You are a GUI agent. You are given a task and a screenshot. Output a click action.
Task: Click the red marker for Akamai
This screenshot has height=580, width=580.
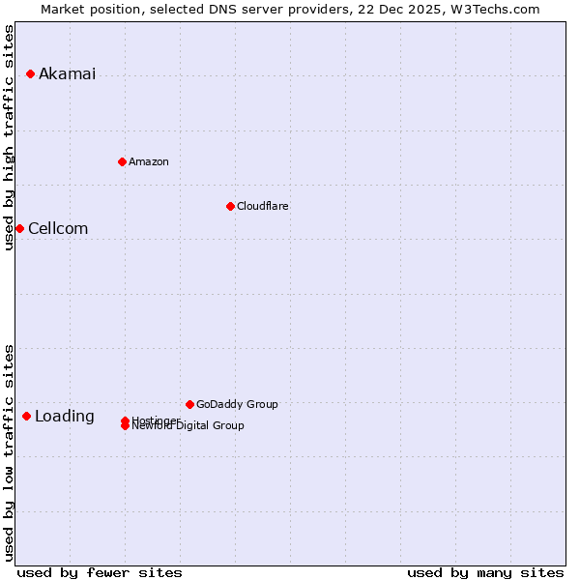point(30,73)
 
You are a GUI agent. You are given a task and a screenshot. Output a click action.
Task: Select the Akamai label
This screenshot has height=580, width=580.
point(67,74)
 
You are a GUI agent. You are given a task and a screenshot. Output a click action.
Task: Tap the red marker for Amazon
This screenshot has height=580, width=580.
point(122,161)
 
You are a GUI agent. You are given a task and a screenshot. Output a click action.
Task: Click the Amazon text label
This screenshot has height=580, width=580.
point(149,162)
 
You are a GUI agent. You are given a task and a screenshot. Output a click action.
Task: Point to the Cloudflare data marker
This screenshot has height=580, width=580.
point(230,206)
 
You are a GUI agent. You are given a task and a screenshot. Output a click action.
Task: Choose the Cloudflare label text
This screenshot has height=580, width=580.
point(263,207)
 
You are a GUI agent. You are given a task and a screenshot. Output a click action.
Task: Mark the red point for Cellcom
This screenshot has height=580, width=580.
point(19,228)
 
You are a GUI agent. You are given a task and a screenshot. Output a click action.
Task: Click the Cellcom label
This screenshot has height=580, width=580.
point(58,229)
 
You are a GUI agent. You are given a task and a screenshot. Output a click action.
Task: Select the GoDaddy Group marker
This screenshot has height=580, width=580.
point(189,404)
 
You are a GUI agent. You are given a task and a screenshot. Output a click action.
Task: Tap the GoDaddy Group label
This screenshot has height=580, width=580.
point(237,405)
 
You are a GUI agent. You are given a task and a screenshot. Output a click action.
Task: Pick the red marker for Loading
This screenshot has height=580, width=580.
point(26,416)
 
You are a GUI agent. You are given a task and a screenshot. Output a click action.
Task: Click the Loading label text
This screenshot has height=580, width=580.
point(65,417)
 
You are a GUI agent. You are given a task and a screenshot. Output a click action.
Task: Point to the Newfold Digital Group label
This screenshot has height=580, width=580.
point(188,426)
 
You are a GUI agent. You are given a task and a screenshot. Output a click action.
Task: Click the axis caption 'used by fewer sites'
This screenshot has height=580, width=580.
point(100,572)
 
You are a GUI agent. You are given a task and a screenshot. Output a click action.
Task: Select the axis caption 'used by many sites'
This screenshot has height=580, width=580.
point(485,572)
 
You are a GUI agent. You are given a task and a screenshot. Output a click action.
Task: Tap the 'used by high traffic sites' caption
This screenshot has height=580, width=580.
point(10,137)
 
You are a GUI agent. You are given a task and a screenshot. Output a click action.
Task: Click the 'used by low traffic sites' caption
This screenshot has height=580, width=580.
point(10,452)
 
